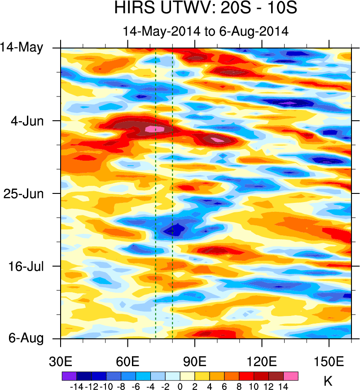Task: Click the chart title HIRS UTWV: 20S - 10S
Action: (x=206, y=9)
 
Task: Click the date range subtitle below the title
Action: (x=206, y=31)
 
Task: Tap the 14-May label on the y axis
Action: (x=28, y=48)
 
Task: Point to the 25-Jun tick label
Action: (x=28, y=193)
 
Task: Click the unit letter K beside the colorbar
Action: (x=328, y=381)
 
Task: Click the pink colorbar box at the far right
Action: (x=290, y=376)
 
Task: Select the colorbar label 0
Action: (x=180, y=386)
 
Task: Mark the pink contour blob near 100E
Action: (x=218, y=140)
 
